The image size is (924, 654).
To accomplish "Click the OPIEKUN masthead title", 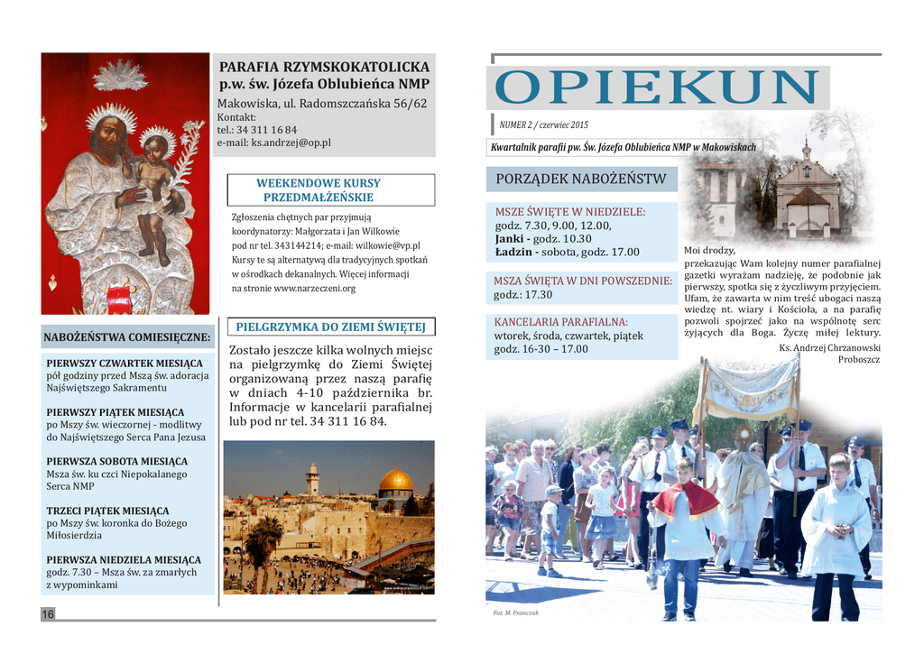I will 657,88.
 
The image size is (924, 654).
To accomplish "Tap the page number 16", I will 48,614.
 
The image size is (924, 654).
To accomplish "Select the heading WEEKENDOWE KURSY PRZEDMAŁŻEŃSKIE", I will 319,190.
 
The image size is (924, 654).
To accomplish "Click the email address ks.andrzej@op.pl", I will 291,143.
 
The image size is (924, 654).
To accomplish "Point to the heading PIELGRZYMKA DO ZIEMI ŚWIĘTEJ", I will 329,327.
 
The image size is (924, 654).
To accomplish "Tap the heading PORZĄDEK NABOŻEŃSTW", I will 581,179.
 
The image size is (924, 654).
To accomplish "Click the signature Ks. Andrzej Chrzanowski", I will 829,347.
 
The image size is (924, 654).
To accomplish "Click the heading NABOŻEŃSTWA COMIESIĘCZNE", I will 127,338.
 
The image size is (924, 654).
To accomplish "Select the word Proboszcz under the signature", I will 859,359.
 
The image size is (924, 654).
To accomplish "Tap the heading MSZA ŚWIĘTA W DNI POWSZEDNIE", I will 583,281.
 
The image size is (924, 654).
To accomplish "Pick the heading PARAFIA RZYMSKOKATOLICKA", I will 325,67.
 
